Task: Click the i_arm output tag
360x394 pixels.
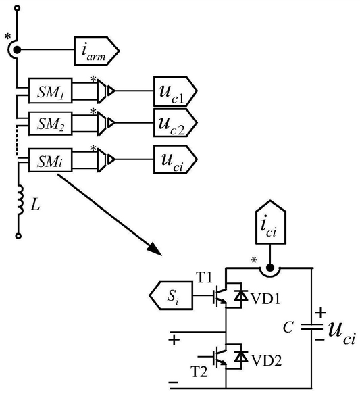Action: pos(97,51)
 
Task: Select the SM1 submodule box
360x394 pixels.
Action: pos(51,91)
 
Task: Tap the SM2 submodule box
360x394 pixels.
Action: pos(51,124)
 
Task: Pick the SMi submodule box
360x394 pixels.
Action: pos(51,160)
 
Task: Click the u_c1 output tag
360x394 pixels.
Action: pos(175,91)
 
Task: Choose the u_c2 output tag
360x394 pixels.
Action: pos(175,123)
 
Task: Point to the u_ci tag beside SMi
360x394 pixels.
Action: pos(175,159)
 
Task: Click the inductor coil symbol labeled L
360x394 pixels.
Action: pos(20,200)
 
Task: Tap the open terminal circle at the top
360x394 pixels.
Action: pos(17,8)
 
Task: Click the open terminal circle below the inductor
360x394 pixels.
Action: pos(18,236)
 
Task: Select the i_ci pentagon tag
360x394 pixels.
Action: pos(271,222)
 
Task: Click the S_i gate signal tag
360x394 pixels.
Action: pos(171,295)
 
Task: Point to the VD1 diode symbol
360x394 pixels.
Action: pos(240,295)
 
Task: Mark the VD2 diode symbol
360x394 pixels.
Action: pos(240,356)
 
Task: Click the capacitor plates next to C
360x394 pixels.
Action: pos(312,326)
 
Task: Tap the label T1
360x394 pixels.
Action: pos(203,278)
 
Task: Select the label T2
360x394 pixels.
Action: pos(199,372)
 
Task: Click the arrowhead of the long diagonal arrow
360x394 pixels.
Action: pos(154,249)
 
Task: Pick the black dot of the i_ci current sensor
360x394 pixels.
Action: pos(269,268)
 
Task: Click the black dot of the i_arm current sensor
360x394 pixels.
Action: pos(17,50)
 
